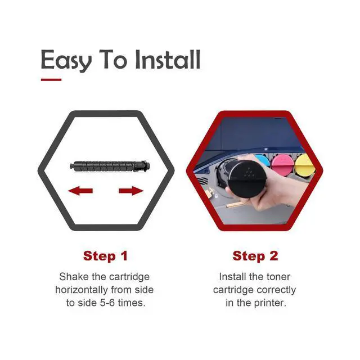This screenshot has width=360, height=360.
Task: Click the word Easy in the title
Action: click(66, 61)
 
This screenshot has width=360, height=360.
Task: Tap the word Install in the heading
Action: click(168, 60)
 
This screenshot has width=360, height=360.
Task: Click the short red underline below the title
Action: click(51, 80)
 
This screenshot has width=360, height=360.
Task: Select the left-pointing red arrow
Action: click(80, 191)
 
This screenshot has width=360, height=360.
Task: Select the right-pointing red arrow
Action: click(131, 191)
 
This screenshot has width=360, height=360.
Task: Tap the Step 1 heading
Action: click(105, 256)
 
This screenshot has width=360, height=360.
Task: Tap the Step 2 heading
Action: click(255, 256)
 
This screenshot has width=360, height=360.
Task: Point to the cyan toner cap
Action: click(262, 161)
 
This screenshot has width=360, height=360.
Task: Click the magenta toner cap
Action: click(283, 164)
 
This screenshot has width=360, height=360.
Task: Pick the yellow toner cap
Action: click(304, 164)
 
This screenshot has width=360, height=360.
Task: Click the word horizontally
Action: click(82, 290)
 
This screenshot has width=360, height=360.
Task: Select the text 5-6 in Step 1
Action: click(107, 303)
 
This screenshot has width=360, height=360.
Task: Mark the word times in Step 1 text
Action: click(131, 303)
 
